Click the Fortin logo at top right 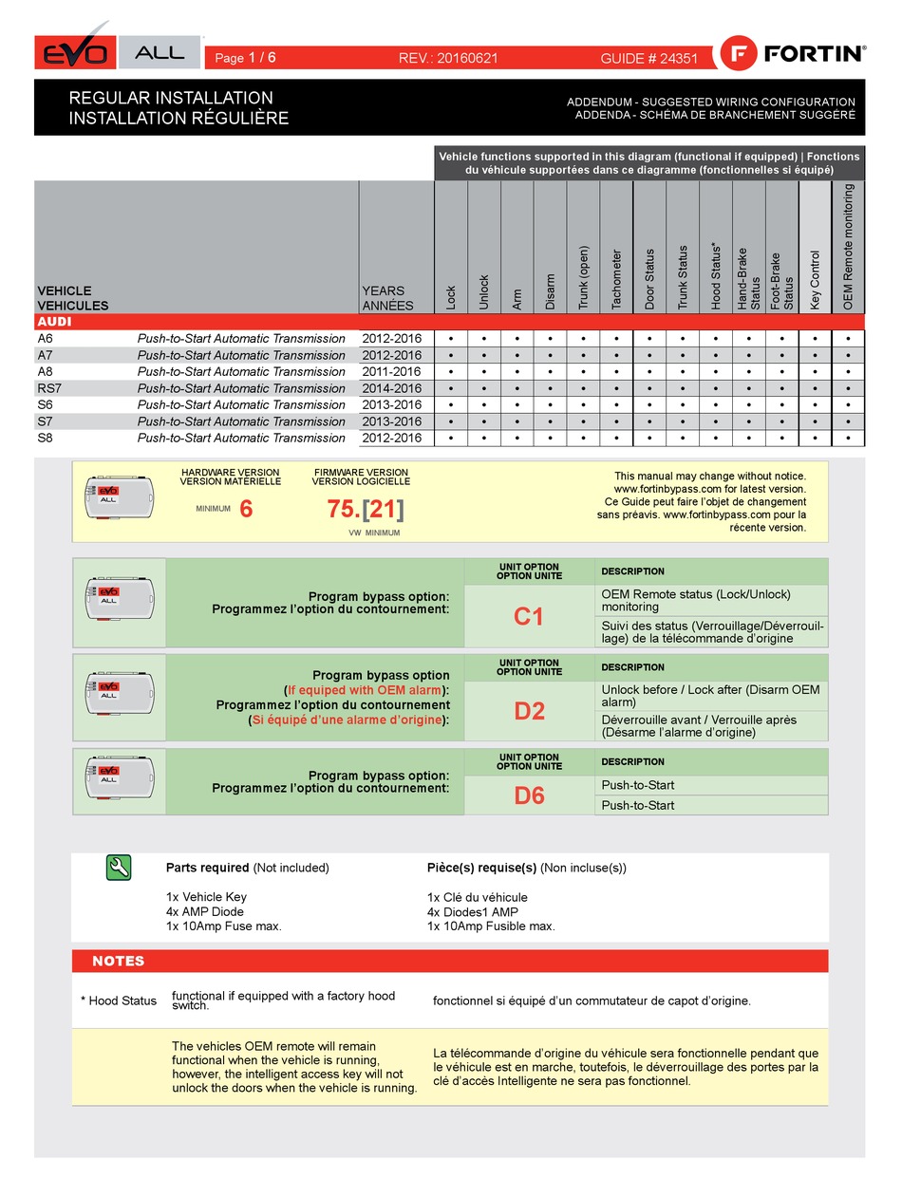pyautogui.click(x=794, y=53)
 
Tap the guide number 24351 pyautogui.click(x=649, y=58)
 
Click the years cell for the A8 pyautogui.click(x=391, y=371)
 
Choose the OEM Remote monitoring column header pyautogui.click(x=848, y=247)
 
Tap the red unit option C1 pyautogui.click(x=529, y=617)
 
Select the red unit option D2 pyautogui.click(x=529, y=710)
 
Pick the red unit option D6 pyautogui.click(x=529, y=795)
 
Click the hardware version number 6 pyautogui.click(x=246, y=510)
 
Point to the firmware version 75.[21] pyautogui.click(x=366, y=510)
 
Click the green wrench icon pyautogui.click(x=119, y=867)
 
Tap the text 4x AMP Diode pyautogui.click(x=204, y=911)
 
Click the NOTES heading pyautogui.click(x=118, y=961)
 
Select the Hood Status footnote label pyautogui.click(x=119, y=1000)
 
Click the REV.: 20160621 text pyautogui.click(x=448, y=58)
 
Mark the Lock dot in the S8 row pyautogui.click(x=451, y=438)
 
